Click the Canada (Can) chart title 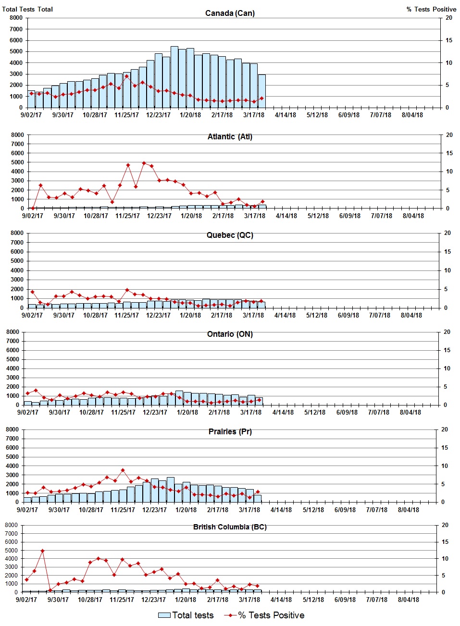pyautogui.click(x=230, y=13)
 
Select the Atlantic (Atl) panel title pyautogui.click(x=230, y=136)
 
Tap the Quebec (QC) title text pyautogui.click(x=230, y=235)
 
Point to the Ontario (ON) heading pyautogui.click(x=230, y=334)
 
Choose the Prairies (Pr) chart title pyautogui.click(x=230, y=431)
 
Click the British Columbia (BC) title pyautogui.click(x=230, y=527)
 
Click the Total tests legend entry pyautogui.click(x=186, y=615)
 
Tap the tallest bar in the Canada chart pyautogui.click(x=174, y=77)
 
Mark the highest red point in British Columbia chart pyautogui.click(x=42, y=551)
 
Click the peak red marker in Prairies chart pyautogui.click(x=123, y=470)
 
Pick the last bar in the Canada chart pyautogui.click(x=262, y=91)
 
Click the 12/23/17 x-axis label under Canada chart pyautogui.click(x=158, y=115)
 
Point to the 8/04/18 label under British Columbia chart pyautogui.click(x=408, y=600)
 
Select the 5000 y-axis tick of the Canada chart pyautogui.click(x=16, y=51)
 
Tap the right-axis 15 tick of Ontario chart pyautogui.click(x=447, y=350)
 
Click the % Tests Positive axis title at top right pyautogui.click(x=431, y=9)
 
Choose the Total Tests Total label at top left pyautogui.click(x=27, y=9)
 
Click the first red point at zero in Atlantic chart pyautogui.click(x=33, y=209)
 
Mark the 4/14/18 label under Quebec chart pyautogui.click(x=285, y=316)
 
